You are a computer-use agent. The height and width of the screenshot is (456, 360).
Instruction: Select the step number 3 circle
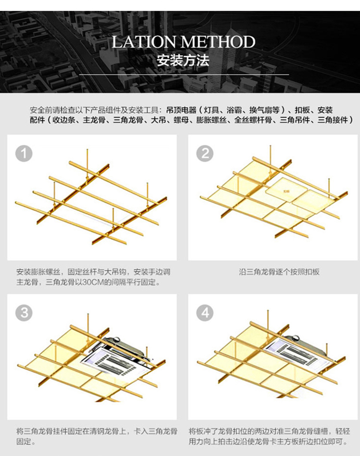[24, 313]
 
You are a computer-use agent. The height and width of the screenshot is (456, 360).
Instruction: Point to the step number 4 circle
[205, 313]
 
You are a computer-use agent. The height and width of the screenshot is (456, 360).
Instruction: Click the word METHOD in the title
[218, 42]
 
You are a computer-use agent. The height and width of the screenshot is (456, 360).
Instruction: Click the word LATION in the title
[145, 42]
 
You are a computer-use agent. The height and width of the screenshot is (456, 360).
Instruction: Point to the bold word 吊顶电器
[180, 110]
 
